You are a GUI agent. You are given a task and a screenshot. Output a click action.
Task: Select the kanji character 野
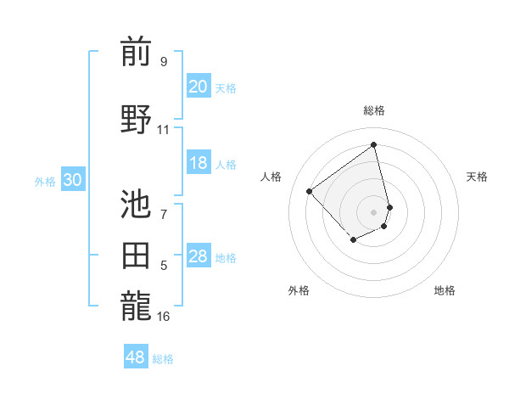[x=136, y=119]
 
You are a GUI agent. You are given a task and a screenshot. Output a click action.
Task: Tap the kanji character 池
[x=136, y=204]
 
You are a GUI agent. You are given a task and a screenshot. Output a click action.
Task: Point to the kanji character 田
[x=136, y=256]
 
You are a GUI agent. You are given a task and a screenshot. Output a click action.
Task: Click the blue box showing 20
[x=199, y=87]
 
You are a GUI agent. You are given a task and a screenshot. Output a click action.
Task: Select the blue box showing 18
[x=199, y=164]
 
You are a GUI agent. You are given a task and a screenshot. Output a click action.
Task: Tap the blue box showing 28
[x=199, y=257]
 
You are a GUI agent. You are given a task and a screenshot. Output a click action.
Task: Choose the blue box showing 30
[x=73, y=180]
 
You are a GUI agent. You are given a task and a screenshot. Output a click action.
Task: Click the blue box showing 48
[x=136, y=357]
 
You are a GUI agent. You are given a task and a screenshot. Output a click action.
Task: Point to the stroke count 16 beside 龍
[x=163, y=317]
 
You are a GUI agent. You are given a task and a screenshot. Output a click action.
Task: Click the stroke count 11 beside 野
[x=163, y=130]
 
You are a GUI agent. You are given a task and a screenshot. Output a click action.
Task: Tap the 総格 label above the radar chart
[x=374, y=110]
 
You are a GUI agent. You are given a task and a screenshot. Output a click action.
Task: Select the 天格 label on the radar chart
[x=477, y=177]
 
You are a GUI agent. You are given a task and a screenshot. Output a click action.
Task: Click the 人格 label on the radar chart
[x=271, y=177]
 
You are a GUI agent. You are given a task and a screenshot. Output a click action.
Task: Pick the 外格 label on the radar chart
[x=299, y=290]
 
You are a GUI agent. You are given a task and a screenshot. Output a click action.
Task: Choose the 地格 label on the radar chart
[x=445, y=290]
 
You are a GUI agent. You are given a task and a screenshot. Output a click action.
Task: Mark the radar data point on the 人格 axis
[x=310, y=192]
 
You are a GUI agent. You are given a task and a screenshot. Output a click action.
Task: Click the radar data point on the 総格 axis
[x=374, y=144]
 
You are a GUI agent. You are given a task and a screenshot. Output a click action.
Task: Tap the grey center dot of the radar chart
[x=374, y=211]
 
